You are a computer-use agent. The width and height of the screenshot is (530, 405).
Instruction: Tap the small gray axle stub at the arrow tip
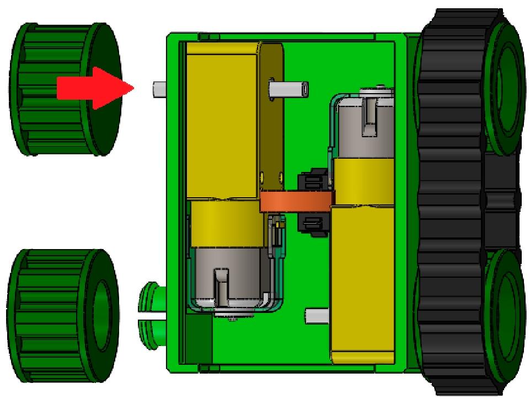(x=158, y=88)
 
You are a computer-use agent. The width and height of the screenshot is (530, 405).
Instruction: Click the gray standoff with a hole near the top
(x=290, y=88)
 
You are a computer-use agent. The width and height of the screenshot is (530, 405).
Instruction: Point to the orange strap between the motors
(x=297, y=201)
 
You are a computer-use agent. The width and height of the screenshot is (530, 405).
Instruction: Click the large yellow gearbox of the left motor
(x=222, y=121)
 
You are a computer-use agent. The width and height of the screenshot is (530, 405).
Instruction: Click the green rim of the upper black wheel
(x=505, y=88)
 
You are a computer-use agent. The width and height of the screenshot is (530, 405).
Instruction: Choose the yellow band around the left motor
(x=226, y=223)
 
